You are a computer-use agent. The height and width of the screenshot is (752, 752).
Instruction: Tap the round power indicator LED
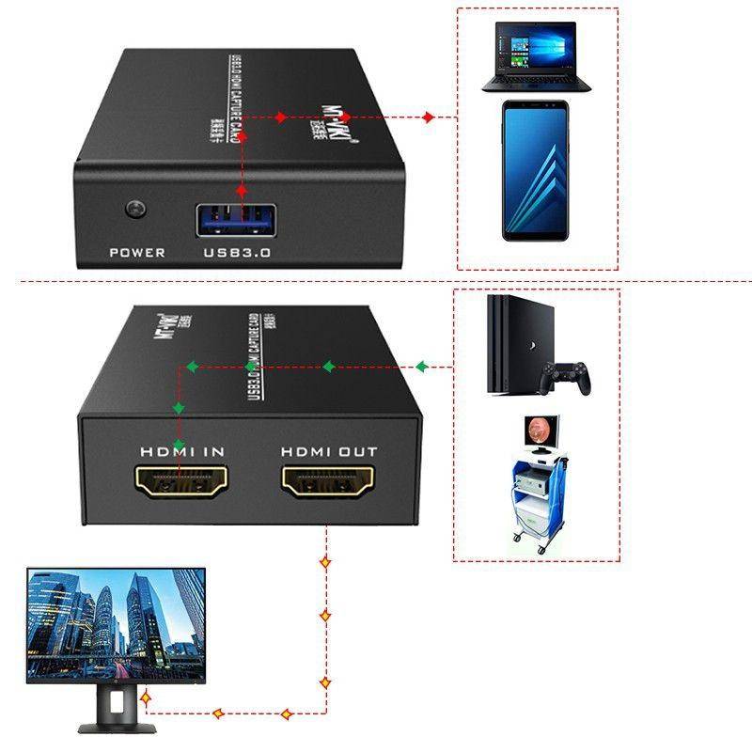point(137,207)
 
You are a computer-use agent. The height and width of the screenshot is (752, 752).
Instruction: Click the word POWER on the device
point(137,252)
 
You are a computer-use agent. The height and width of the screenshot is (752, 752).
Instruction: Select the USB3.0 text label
point(236,252)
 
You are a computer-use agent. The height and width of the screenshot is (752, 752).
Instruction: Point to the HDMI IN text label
point(182,451)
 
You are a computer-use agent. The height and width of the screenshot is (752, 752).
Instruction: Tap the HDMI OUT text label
point(329,451)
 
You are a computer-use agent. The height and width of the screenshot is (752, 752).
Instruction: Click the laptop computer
point(536,58)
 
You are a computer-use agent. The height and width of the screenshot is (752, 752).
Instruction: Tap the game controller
point(570,377)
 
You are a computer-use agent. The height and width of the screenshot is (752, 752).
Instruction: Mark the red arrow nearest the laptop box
point(429,117)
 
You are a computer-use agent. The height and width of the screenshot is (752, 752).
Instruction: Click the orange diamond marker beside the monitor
point(147,697)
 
